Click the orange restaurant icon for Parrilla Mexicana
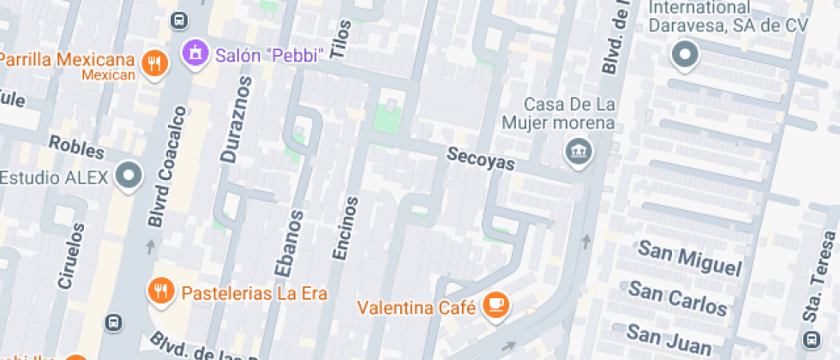pos(154,63)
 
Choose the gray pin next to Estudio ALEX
pos(129,177)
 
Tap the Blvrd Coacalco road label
pos(167,167)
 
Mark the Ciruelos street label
pos(72,255)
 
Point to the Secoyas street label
pos(480,159)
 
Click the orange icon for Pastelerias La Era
pos(160,291)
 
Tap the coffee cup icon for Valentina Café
pos(495,304)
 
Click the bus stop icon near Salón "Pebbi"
pos(179,19)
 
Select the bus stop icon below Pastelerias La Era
pos(112,322)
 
